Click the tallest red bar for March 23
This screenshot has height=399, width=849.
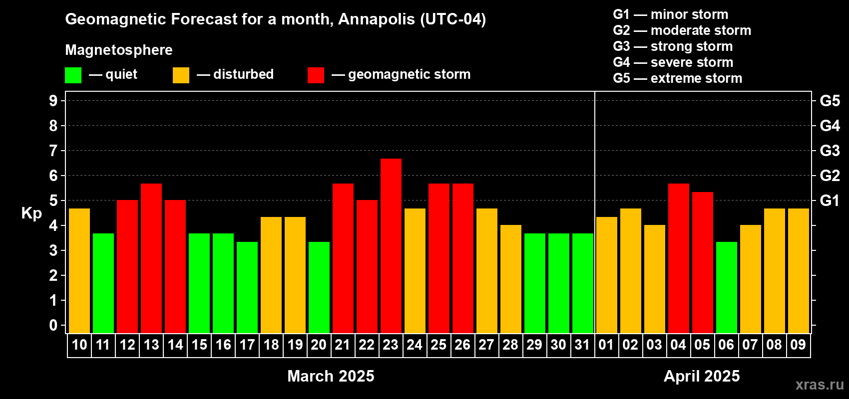pyautogui.click(x=391, y=246)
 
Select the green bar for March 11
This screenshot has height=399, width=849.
pyautogui.click(x=103, y=283)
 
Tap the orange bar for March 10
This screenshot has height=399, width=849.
pyautogui.click(x=79, y=271)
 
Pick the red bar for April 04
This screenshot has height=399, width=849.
pyautogui.click(x=678, y=258)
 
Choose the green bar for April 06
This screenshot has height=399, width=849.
pyautogui.click(x=727, y=287)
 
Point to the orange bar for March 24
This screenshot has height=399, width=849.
pyautogui.click(x=415, y=271)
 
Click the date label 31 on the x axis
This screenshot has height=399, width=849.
pyautogui.click(x=582, y=345)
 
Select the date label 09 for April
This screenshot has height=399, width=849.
pyautogui.click(x=798, y=345)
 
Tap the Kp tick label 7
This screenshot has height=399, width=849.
pyautogui.click(x=53, y=151)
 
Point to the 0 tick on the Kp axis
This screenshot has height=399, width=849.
pyautogui.click(x=53, y=325)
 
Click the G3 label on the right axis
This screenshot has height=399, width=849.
pyautogui.click(x=830, y=151)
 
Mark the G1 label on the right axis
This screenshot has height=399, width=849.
pyautogui.click(x=830, y=200)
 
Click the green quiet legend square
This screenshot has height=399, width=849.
pyautogui.click(x=73, y=75)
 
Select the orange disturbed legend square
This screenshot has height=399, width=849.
pyautogui.click(x=181, y=75)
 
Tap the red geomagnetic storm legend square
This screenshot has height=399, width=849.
pyautogui.click(x=316, y=75)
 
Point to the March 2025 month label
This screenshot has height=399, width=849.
pyautogui.click(x=331, y=376)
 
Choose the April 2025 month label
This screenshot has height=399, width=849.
pyautogui.click(x=702, y=376)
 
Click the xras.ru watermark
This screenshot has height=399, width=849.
pyautogui.click(x=820, y=385)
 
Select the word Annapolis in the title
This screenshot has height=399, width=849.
pyautogui.click(x=377, y=19)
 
